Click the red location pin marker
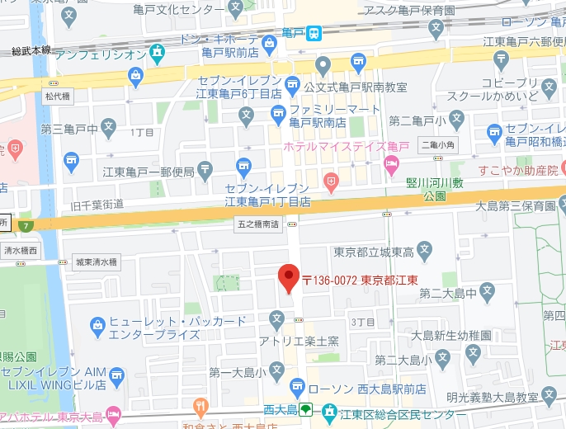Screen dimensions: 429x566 (x=288, y=279)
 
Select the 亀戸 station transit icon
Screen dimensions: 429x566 (x=314, y=33)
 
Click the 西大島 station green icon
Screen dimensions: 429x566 (x=305, y=409)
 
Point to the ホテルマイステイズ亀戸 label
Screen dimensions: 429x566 (x=334, y=146)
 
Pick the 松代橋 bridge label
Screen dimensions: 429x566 (x=57, y=96)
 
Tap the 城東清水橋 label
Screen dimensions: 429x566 (x=96, y=262)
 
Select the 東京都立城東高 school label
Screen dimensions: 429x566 (x=372, y=252)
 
